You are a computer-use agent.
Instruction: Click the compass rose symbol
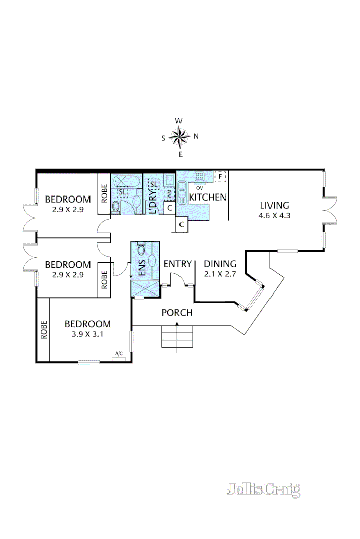179,136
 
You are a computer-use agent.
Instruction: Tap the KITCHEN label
207,197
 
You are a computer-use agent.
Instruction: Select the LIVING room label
275,205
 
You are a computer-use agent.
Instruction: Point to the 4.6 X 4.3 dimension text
275,215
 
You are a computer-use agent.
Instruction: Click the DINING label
220,264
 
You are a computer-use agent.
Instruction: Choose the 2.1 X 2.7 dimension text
220,273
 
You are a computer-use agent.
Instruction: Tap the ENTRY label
177,264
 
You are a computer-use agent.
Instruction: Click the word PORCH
177,313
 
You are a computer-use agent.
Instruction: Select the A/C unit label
119,353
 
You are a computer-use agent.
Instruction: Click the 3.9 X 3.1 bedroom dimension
87,333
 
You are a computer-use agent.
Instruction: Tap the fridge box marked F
220,177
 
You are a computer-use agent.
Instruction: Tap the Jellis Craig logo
263,489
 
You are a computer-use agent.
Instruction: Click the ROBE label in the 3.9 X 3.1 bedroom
44,329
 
